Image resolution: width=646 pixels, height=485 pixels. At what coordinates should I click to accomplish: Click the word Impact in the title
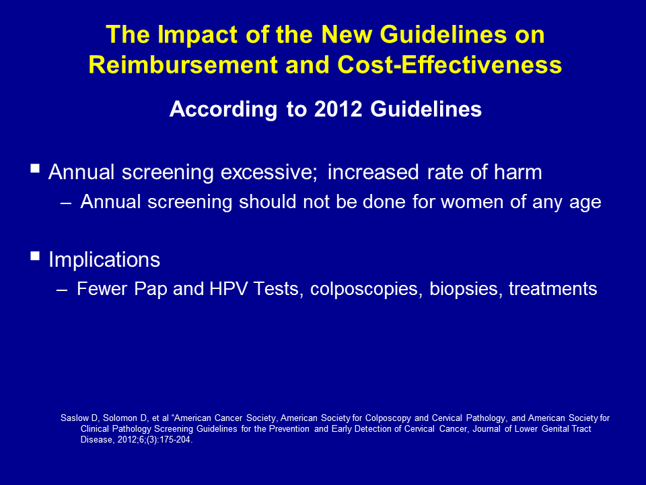pyautogui.click(x=197, y=35)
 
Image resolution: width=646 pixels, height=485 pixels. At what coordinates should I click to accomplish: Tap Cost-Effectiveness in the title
pyautogui.click(x=450, y=65)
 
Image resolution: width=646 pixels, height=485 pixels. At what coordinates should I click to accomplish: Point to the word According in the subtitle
pyautogui.click(x=223, y=110)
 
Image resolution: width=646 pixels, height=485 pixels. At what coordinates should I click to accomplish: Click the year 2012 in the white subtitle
pyautogui.click(x=338, y=109)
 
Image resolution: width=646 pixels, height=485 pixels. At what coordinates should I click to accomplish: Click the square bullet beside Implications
pyautogui.click(x=35, y=256)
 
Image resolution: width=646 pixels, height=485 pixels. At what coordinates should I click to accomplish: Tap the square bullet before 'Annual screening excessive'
pyautogui.click(x=35, y=168)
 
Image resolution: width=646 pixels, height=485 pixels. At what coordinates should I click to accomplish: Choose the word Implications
pyautogui.click(x=104, y=260)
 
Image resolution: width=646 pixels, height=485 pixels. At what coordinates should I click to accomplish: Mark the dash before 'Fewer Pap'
pyautogui.click(x=62, y=290)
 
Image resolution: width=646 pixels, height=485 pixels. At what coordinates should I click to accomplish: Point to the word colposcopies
pyautogui.click(x=366, y=289)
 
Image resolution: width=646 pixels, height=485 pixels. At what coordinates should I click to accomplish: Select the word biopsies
pyautogui.click(x=466, y=289)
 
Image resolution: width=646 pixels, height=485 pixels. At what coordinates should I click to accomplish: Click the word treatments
pyautogui.click(x=553, y=289)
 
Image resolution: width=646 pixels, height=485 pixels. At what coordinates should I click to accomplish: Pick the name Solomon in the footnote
pyautogui.click(x=120, y=418)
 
